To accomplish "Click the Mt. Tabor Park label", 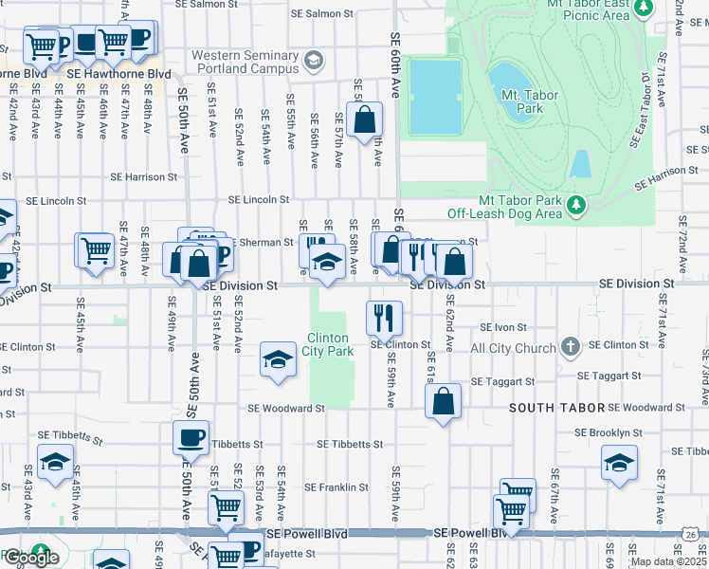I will point(522,101).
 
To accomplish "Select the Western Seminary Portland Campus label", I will point(245,63).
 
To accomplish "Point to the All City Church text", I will point(513,348).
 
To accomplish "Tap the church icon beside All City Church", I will point(571,347).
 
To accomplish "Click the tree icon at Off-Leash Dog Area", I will point(574,205).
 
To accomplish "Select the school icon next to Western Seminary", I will point(314,63).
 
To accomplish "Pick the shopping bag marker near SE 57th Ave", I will point(364,120).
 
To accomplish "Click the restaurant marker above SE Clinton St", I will point(384,317).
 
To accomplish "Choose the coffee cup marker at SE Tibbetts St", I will point(191,438).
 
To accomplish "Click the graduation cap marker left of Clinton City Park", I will point(278,360).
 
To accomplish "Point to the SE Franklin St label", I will point(336,487).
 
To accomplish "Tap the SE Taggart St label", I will point(503,381).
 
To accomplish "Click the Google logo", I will point(30,558).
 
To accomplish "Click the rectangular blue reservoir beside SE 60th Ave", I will point(435,96).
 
